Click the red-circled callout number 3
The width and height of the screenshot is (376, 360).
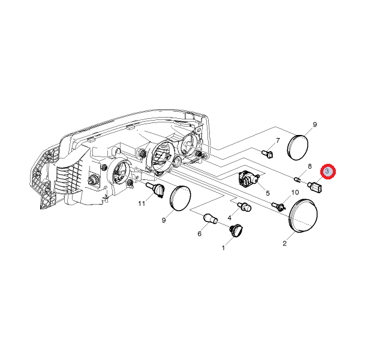coord(327,172)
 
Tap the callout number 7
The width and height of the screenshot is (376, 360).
coord(278,140)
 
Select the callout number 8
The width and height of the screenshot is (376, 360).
coord(309,166)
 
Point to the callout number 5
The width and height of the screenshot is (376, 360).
coord(268,193)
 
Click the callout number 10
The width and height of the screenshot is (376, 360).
coord(295,192)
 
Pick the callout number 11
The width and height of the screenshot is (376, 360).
coord(142,203)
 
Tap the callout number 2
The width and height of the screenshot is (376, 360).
coord(285,244)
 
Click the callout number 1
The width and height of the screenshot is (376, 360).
coord(224,248)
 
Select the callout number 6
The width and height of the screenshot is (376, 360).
coord(200,233)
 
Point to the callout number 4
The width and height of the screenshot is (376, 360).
coord(230,218)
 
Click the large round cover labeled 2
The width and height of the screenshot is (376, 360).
coord(303,215)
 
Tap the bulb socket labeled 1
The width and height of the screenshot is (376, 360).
coord(236,230)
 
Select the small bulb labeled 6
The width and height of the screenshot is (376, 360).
coord(210,218)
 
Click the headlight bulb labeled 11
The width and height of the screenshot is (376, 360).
coord(155,190)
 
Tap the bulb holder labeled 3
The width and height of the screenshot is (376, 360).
coord(315,187)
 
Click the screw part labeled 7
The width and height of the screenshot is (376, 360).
coord(267,154)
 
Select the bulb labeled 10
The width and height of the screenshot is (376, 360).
coord(278,206)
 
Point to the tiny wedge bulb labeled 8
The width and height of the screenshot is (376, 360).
coord(297,179)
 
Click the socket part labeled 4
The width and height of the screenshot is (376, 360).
coord(244,207)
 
